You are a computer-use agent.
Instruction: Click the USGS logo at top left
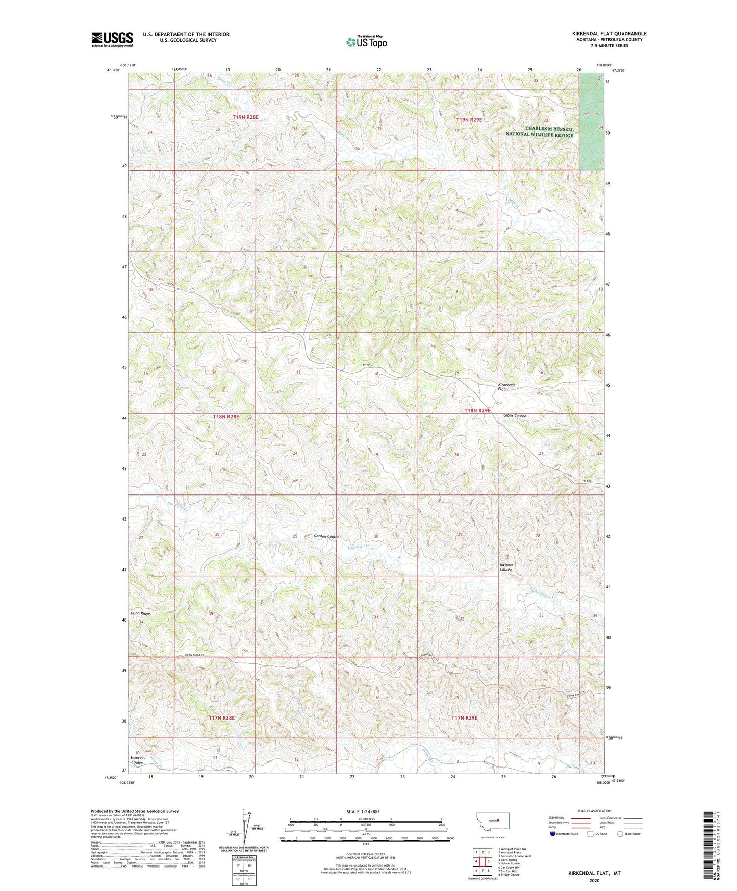point(112,39)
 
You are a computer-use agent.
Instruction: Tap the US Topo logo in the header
point(366,42)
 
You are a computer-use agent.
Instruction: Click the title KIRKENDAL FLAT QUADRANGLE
point(609,34)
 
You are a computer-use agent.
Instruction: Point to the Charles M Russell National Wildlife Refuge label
point(540,132)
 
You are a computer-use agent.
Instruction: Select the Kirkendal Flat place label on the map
point(506,387)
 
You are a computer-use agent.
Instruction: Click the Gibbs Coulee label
point(515,416)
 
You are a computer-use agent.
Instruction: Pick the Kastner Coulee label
point(506,567)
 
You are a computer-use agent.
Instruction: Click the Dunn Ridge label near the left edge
point(140,613)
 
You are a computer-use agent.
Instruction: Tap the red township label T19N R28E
point(245,117)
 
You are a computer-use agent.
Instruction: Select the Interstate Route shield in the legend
point(554,834)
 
